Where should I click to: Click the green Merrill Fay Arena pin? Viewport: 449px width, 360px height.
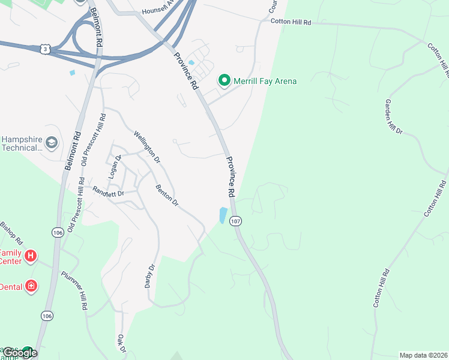click(224, 80)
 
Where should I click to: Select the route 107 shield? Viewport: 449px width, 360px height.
click(236, 221)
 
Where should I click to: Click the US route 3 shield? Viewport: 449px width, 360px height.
click(45, 49)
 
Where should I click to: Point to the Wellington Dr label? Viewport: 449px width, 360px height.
click(147, 147)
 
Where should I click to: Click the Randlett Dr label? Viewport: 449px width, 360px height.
click(108, 192)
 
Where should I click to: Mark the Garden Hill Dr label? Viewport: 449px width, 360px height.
click(394, 116)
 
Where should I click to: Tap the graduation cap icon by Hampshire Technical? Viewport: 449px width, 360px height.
click(52, 143)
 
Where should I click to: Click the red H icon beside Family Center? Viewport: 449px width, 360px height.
click(31, 257)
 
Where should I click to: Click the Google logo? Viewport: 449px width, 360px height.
click(19, 353)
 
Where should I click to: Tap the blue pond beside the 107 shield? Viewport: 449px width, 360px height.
click(223, 215)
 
